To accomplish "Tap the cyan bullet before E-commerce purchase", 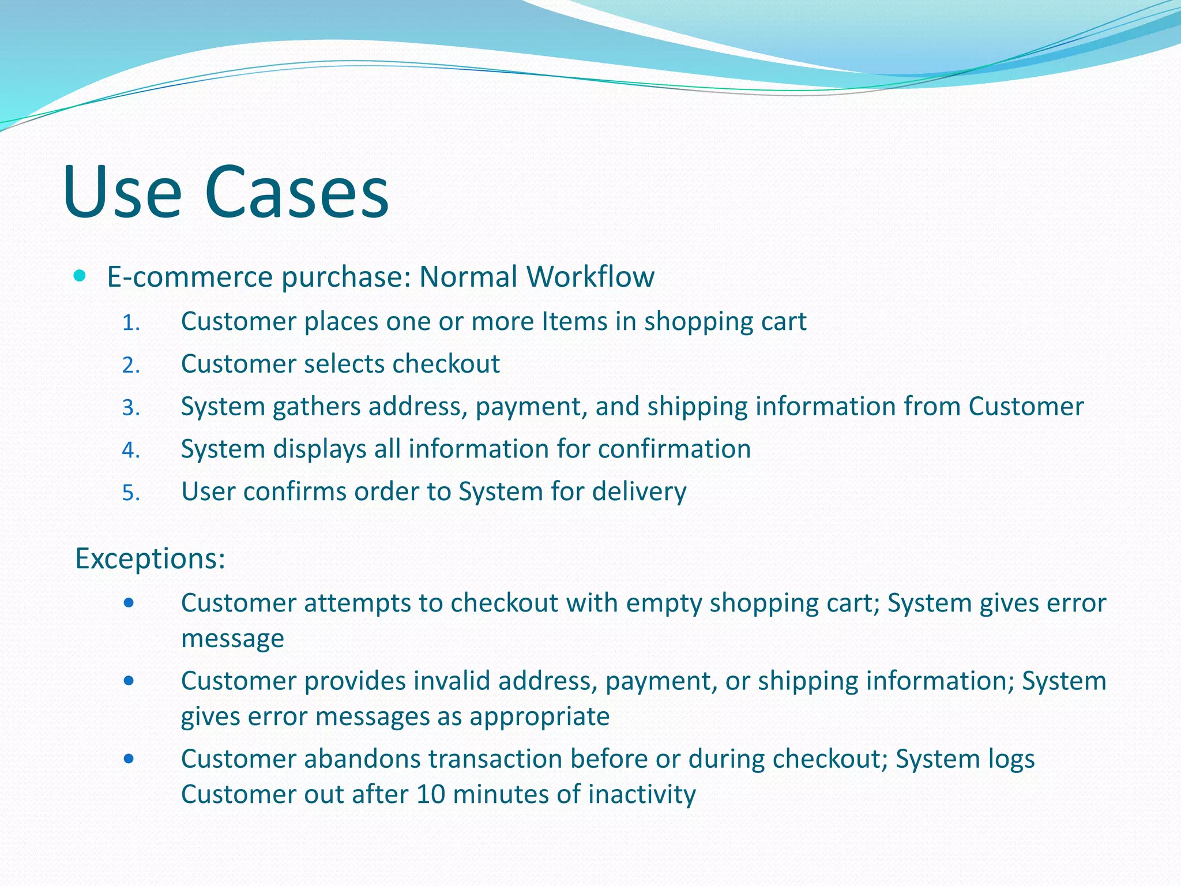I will point(80,276).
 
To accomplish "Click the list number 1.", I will point(130,323).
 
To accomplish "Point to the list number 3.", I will point(130,408).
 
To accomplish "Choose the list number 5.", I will point(130,493).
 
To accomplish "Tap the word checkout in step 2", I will point(446,364).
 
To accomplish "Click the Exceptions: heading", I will point(150,558).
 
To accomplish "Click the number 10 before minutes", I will point(430,794).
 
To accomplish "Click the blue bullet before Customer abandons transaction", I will point(129,759).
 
